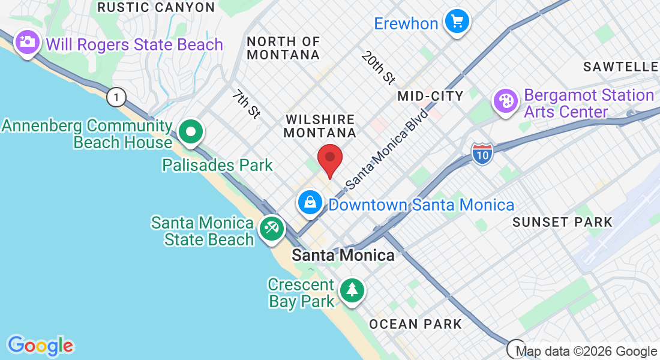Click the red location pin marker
coord(329,159)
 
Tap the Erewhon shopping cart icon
coord(457,23)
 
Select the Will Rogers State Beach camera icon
coord(28,43)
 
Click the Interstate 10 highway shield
coord(482,154)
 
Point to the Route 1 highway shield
coord(116,96)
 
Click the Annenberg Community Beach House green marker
coord(191,133)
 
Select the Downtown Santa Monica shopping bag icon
coord(310,203)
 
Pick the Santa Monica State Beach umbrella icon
coord(272,229)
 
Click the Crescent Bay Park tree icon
coord(352,290)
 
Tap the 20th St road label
coord(379,67)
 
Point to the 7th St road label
coord(246,104)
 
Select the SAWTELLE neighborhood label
coord(620,67)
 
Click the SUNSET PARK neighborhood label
coord(562,222)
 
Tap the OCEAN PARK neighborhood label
coord(415,325)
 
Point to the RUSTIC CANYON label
coord(156,7)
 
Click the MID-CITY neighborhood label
coord(430,96)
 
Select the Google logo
coord(40,346)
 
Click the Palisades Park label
coord(217,165)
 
